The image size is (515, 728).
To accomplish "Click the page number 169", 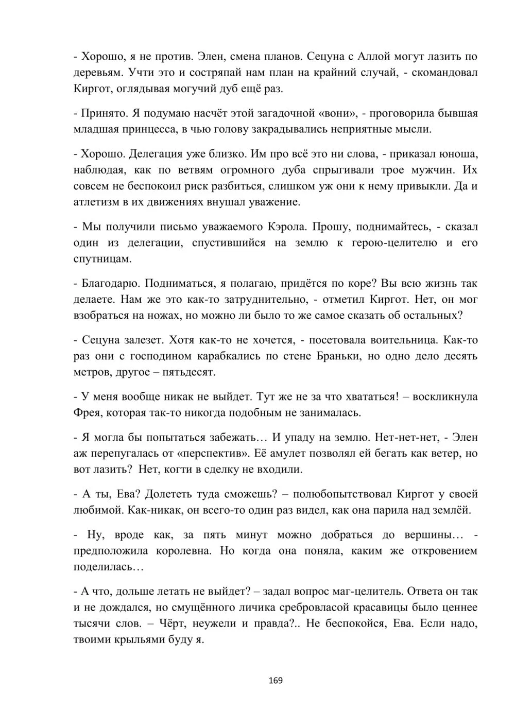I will click(x=276, y=680).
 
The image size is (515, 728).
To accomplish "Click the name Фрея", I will click(x=89, y=412).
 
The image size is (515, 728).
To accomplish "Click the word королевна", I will click(x=182, y=550).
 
